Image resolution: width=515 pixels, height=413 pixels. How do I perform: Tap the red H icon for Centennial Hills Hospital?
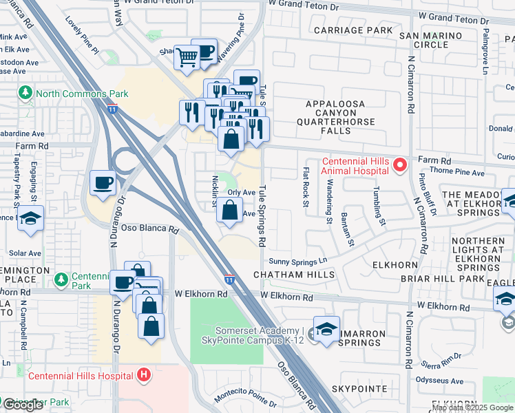coord(144,375)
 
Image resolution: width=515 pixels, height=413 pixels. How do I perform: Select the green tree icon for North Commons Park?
coord(25,92)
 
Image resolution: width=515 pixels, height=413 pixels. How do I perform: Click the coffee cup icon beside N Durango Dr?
coord(103,184)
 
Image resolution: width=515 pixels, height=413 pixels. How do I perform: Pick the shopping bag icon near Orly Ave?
coord(231,210)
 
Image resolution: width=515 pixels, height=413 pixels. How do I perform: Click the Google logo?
coord(22,405)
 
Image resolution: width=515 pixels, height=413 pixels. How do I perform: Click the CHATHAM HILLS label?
coord(294,275)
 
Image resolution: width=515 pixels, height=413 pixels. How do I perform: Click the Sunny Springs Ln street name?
coord(297,261)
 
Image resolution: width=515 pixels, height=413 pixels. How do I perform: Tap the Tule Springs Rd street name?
coord(262,218)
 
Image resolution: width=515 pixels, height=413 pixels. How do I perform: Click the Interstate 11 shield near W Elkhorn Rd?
coord(229,279)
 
